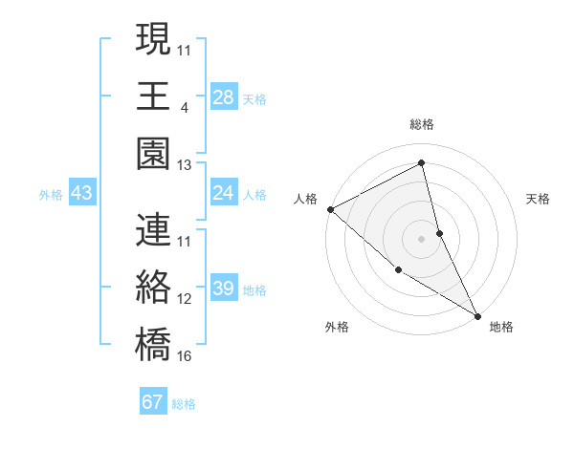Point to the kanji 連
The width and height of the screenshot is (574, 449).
point(153,229)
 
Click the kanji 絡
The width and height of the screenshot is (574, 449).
point(153,287)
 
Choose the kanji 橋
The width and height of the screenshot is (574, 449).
point(153,344)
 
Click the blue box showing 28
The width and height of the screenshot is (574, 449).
point(224,97)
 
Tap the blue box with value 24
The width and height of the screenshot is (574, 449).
point(224,194)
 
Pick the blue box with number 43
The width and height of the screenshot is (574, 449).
point(82,194)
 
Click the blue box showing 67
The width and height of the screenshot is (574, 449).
point(153,402)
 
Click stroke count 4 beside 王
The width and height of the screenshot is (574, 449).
point(184,107)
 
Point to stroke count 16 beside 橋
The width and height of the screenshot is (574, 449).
point(185,356)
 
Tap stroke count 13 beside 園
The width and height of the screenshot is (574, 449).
point(185,165)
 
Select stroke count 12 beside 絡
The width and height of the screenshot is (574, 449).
point(185,299)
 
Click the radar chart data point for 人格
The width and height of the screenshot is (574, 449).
point(330,208)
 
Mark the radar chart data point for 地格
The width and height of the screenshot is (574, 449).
point(476,314)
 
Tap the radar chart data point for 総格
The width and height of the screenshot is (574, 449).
point(421,162)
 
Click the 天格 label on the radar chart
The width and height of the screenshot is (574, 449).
point(539,199)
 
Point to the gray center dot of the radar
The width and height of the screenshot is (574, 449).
point(421,238)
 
